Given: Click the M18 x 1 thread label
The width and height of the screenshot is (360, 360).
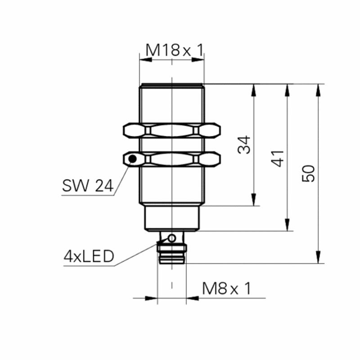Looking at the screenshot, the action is click(175, 50).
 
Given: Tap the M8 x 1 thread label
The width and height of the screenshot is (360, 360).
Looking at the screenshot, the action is click(227, 288).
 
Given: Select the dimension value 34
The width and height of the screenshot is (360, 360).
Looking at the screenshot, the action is click(244, 144).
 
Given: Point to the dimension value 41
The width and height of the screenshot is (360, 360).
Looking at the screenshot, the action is click(278, 158).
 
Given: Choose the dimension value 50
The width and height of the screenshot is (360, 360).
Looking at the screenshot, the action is click(308, 173).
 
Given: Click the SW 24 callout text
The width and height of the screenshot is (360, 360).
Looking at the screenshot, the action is click(88, 185).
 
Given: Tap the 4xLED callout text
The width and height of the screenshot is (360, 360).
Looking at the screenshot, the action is click(89, 256).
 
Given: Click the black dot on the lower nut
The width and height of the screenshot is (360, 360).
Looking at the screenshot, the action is click(132, 159).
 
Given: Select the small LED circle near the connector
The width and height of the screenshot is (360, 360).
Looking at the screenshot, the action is click(172, 238).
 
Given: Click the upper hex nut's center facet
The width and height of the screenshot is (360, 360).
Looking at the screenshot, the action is click(172, 130).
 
